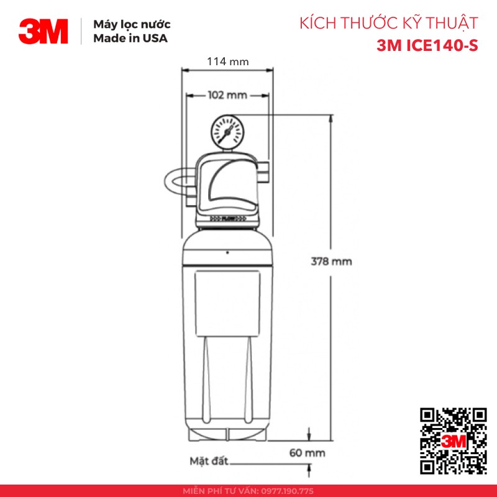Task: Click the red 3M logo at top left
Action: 43,31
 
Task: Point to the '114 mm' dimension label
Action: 227,62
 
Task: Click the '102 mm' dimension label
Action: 227,95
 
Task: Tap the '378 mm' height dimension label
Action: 331,262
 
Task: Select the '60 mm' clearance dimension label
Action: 308,453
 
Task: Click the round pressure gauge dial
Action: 227,130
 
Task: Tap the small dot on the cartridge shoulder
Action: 227,252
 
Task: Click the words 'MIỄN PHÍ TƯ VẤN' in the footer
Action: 220,491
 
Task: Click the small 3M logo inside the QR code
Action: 454,440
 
